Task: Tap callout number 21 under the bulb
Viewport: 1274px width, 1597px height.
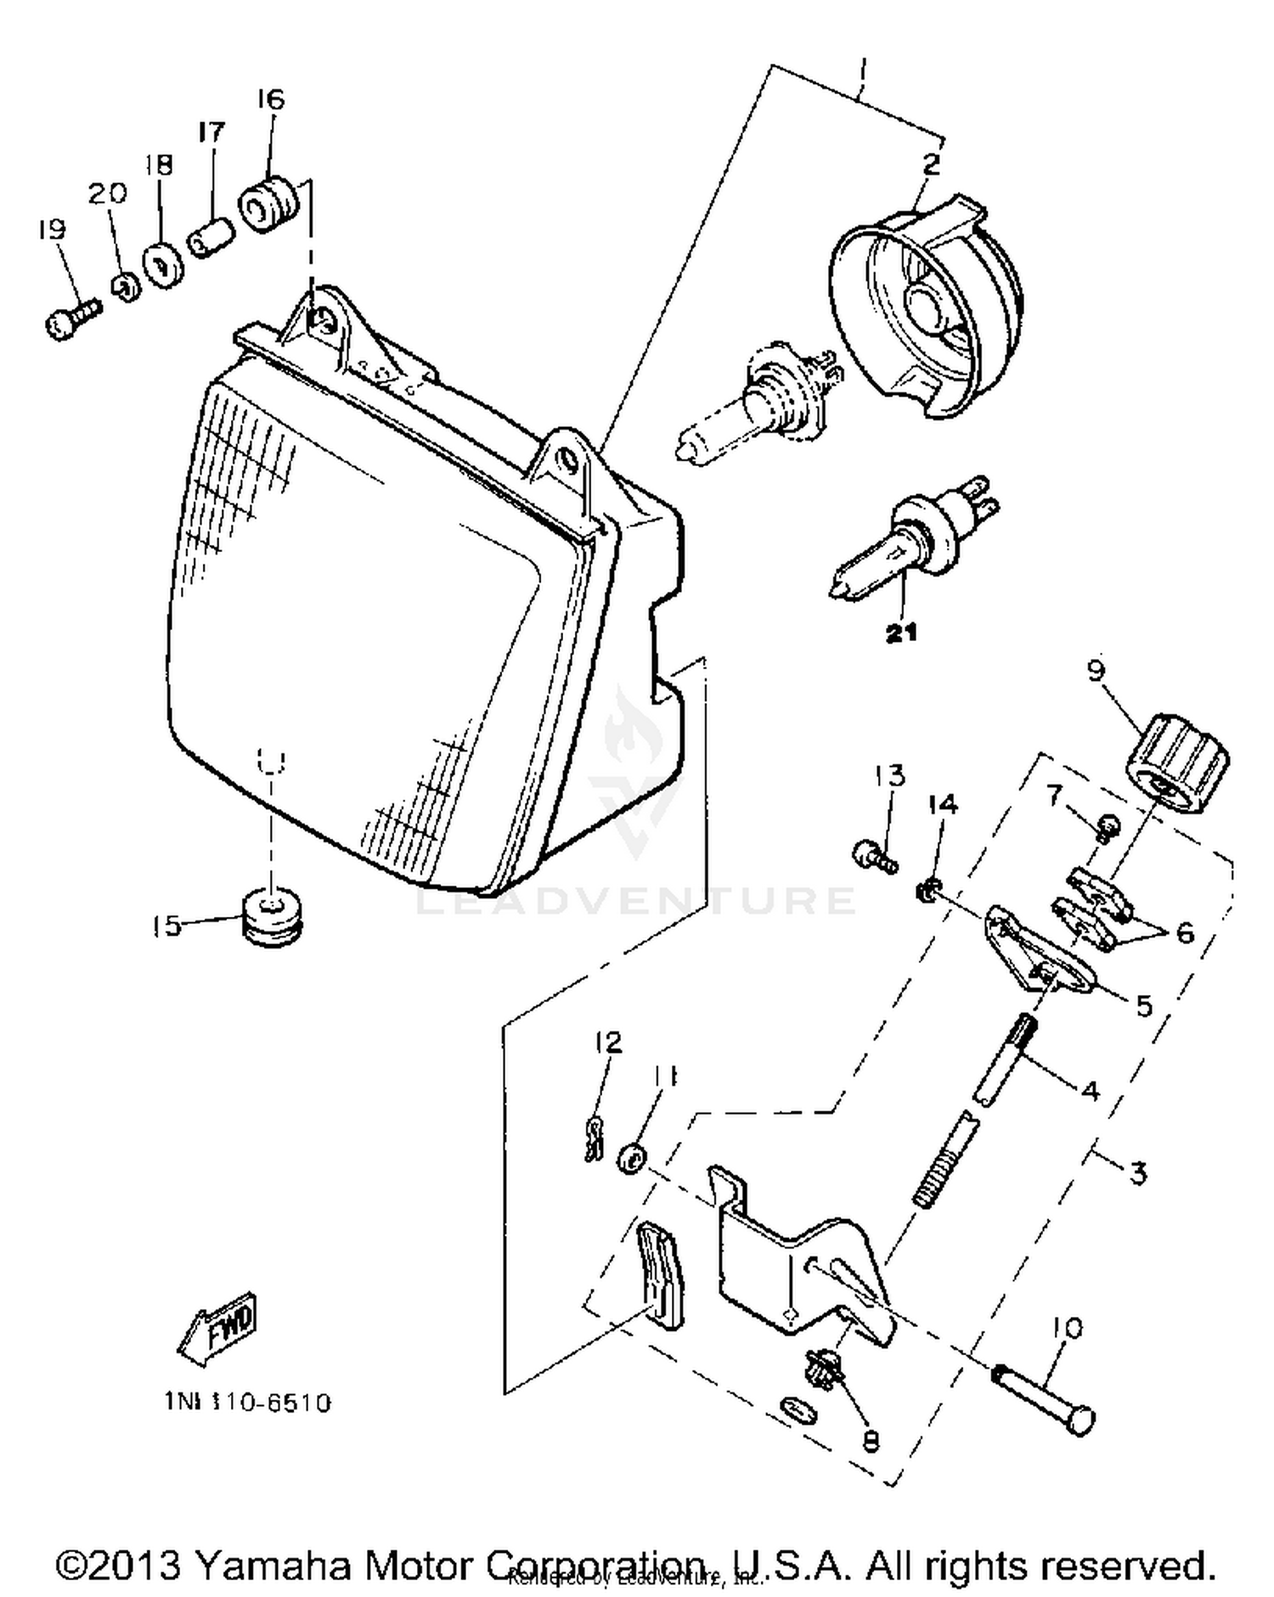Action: (x=901, y=633)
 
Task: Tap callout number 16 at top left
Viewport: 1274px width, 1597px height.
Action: (x=270, y=99)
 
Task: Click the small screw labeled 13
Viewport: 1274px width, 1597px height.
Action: (x=872, y=854)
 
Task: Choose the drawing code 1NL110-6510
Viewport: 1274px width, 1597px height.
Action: (x=247, y=1403)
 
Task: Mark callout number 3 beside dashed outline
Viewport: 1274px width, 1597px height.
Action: (x=1138, y=1173)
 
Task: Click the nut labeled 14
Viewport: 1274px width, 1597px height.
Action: (x=928, y=891)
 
